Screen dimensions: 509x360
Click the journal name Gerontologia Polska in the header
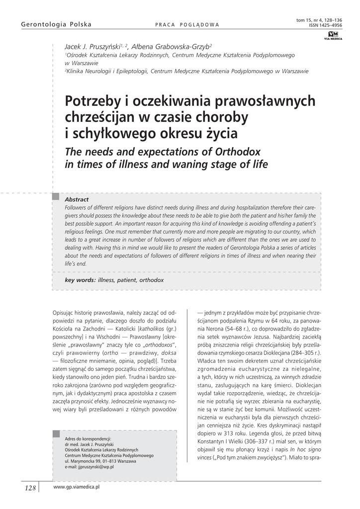49,24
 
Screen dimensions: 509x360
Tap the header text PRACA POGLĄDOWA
187,25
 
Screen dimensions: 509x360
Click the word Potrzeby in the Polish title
91,102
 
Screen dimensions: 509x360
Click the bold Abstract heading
77,199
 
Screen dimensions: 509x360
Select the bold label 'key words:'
81,280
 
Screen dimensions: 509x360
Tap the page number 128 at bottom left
30,488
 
